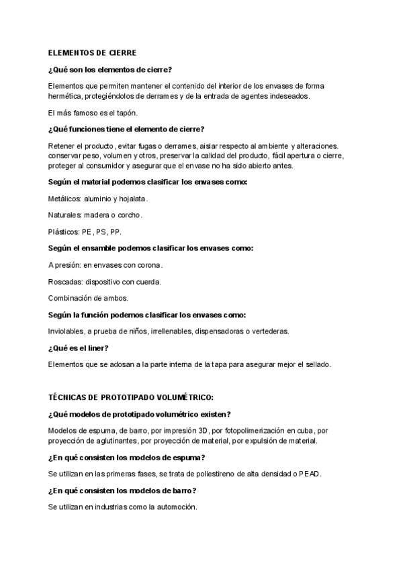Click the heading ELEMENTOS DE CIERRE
point(92,52)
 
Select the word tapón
point(126,113)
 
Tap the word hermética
point(66,97)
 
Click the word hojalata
point(132,199)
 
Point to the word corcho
point(130,215)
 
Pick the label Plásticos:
point(64,232)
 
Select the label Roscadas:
point(66,282)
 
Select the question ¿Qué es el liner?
point(79,348)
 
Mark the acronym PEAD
point(310,474)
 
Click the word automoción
point(176,507)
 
